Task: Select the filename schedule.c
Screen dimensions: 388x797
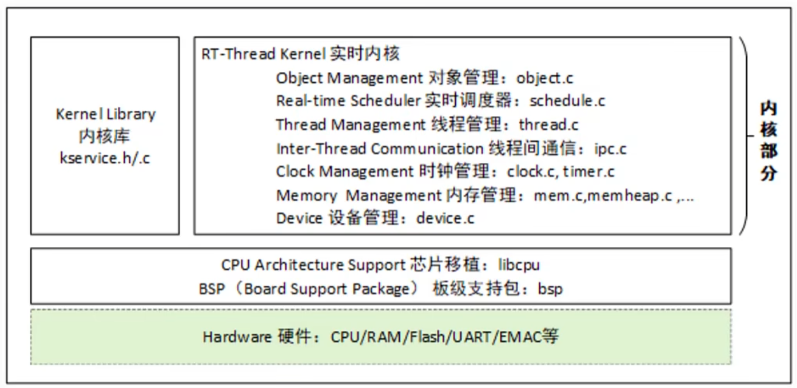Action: point(567,101)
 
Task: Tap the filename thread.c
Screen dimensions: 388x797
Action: point(548,124)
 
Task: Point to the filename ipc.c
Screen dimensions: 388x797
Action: point(610,148)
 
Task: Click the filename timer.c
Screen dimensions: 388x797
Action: point(589,172)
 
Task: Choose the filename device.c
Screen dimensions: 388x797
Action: point(445,218)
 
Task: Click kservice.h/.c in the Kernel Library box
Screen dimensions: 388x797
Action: point(105,158)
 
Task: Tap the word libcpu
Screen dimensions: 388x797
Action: point(519,265)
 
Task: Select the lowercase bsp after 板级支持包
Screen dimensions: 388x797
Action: point(550,289)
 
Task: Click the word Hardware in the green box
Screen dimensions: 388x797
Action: point(237,337)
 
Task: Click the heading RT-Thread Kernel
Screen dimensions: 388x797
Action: point(262,54)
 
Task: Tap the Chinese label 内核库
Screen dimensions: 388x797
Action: point(105,136)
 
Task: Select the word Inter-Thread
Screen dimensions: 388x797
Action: point(321,148)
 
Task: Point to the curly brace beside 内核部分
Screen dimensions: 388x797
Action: point(745,135)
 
